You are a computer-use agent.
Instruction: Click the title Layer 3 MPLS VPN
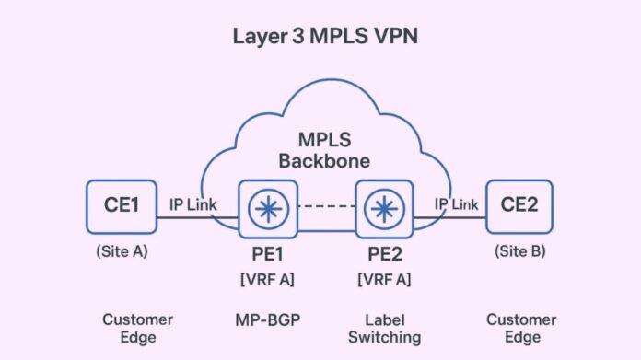321,39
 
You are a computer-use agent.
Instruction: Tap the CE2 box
519,204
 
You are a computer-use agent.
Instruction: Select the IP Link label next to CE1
192,203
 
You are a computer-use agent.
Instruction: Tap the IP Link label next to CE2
455,203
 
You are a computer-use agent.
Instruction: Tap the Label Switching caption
380,328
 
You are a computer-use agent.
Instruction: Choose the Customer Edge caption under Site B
520,328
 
